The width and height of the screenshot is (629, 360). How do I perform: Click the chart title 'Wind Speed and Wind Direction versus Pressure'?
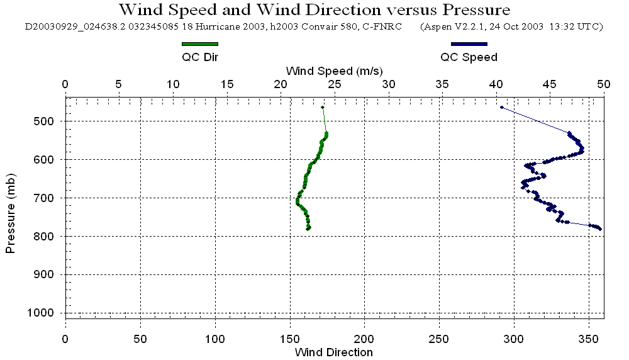coord(314,10)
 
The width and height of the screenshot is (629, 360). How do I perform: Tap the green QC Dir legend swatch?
coord(199,44)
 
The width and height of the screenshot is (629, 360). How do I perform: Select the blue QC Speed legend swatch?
coord(469,44)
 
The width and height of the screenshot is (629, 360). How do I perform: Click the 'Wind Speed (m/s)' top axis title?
coord(334,70)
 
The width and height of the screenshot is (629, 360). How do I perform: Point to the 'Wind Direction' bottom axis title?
coord(333,352)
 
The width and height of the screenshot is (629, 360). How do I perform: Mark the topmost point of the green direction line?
coord(323,108)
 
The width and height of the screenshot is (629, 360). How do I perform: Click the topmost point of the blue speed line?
coord(501,108)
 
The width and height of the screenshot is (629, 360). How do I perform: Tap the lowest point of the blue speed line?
coord(600,229)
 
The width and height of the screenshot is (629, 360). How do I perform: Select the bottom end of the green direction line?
coord(308,229)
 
